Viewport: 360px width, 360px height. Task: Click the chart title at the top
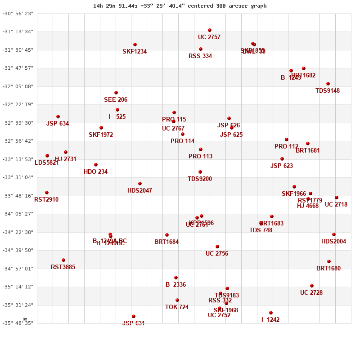coord(180,6)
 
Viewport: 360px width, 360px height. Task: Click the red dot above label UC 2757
coord(210,30)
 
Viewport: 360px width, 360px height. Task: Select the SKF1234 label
coord(135,52)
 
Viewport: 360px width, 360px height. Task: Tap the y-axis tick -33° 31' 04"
coord(18,177)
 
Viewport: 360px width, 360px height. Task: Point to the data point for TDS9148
coord(328,84)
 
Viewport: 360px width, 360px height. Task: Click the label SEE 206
coord(116,99)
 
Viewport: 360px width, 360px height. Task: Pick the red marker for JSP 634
coord(58,117)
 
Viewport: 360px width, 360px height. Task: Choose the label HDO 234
coord(95,171)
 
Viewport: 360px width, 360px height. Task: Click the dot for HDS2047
coord(140,184)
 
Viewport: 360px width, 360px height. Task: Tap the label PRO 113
coord(200,156)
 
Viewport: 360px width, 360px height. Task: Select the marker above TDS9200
coord(200,172)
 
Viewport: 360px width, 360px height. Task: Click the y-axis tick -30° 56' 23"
coord(18,13)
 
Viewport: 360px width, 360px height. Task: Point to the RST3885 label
coord(63,267)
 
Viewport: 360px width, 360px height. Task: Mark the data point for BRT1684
coord(167,235)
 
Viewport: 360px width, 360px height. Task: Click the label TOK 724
coord(177,307)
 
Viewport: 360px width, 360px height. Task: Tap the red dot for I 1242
coord(271,313)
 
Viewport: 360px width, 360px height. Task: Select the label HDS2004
coord(333,241)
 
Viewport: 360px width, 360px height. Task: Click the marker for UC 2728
coord(312,286)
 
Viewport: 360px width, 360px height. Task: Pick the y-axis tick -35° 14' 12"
coord(18,287)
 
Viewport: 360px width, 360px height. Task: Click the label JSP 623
coord(282,166)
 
